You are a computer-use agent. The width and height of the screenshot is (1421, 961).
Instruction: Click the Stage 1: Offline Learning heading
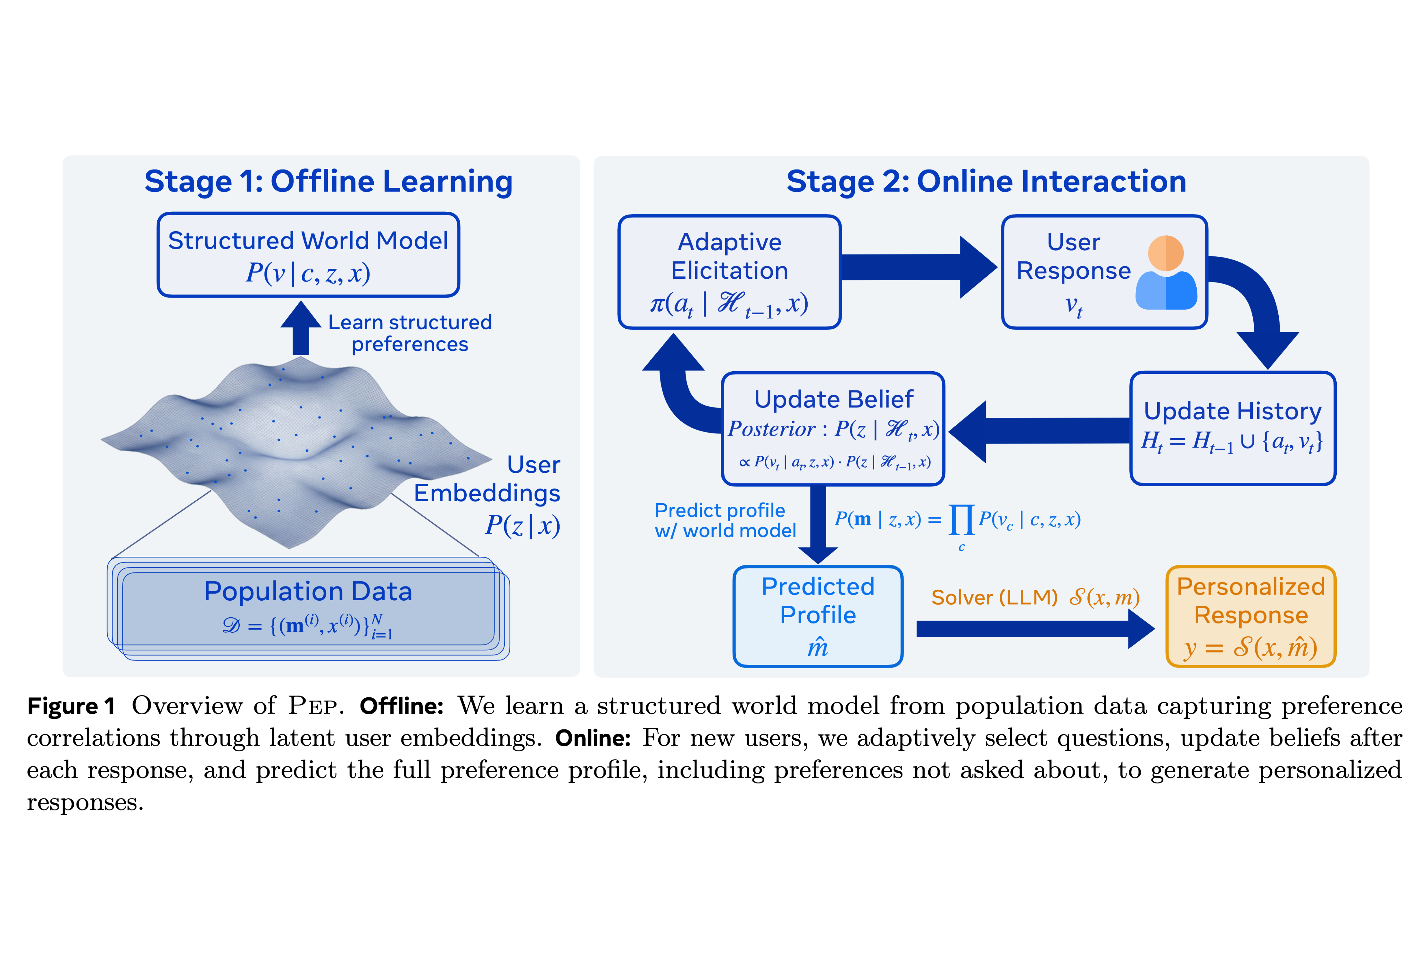pyautogui.click(x=328, y=182)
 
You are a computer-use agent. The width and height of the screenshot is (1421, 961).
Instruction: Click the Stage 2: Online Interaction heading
pyautogui.click(x=986, y=182)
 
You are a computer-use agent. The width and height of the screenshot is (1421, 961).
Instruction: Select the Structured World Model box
pyautogui.click(x=308, y=255)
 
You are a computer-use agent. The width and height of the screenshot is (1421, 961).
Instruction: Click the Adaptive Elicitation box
pyautogui.click(x=729, y=272)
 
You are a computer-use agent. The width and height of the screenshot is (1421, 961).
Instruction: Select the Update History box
pyautogui.click(x=1233, y=428)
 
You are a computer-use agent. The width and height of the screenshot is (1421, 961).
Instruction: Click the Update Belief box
pyautogui.click(x=833, y=428)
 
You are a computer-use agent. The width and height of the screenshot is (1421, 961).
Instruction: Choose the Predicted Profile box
pyautogui.click(x=818, y=616)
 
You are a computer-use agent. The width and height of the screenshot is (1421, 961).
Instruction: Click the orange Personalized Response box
pyautogui.click(x=1251, y=616)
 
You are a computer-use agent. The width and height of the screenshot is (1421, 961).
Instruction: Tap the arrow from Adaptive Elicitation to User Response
pyautogui.click(x=917, y=267)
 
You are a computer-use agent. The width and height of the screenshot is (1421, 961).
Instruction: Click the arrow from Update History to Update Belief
pyautogui.click(x=1039, y=431)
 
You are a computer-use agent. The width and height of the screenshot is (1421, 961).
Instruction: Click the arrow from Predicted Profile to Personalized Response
pyautogui.click(x=1033, y=628)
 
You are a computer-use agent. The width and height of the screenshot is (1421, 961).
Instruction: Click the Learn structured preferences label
pyautogui.click(x=410, y=333)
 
